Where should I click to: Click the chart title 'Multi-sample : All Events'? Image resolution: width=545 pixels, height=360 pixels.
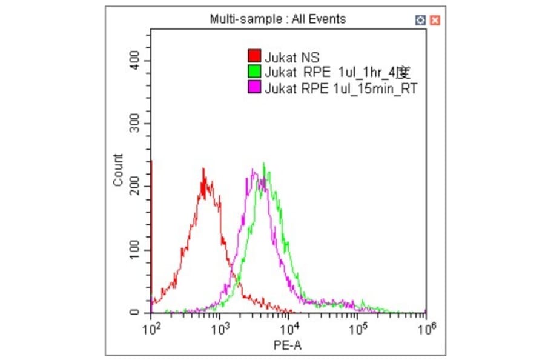(278, 19)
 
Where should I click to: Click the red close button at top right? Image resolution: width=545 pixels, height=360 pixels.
(435, 20)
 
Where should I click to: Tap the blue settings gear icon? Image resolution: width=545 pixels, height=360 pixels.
(421, 20)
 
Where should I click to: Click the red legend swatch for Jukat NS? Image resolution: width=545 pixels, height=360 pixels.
(255, 56)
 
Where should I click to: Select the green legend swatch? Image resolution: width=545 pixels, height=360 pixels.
(255, 73)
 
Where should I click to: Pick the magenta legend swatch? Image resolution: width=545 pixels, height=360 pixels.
(255, 88)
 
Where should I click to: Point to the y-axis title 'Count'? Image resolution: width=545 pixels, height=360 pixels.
(118, 170)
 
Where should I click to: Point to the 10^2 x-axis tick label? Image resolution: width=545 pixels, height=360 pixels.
(151, 329)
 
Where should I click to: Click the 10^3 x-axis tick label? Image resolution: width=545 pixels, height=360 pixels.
(221, 329)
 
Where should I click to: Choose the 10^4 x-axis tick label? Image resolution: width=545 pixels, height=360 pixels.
(290, 329)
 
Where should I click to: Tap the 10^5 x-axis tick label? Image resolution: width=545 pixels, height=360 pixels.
(359, 329)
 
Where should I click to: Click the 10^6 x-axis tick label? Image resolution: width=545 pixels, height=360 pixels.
(428, 329)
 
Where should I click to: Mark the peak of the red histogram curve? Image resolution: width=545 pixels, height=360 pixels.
(203, 169)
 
